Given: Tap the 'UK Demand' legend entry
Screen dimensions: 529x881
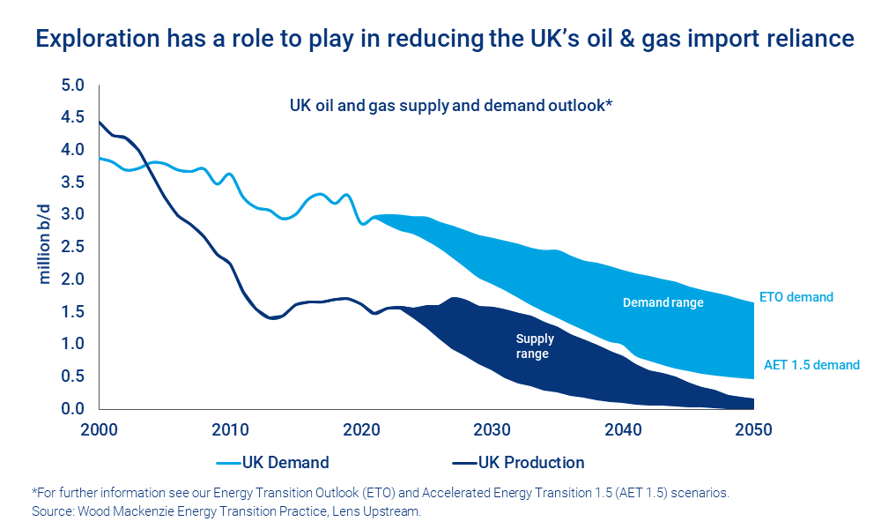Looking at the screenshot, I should [x=285, y=463].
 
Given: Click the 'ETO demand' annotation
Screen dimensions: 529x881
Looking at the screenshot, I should [x=796, y=297].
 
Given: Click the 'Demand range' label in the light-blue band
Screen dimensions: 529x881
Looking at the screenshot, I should [x=663, y=302].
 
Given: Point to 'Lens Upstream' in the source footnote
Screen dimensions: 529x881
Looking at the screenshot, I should [x=389, y=510].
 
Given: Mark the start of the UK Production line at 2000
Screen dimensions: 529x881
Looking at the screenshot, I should [x=100, y=123].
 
